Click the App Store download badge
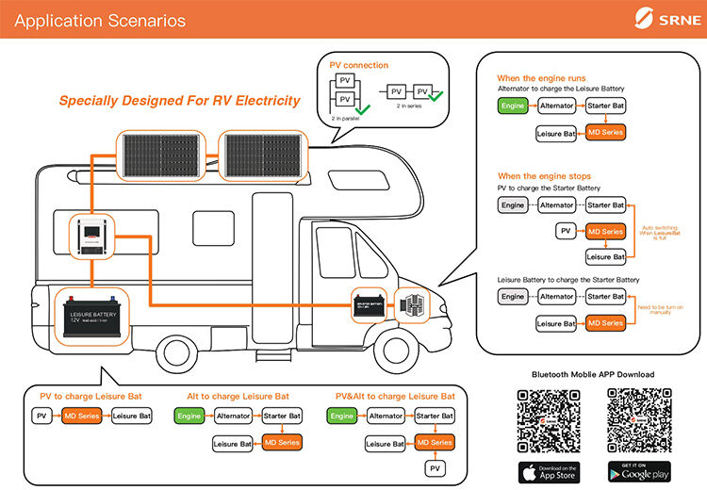[548, 471]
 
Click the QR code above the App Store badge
[548, 418]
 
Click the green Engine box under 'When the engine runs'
[513, 106]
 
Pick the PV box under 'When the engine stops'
[565, 231]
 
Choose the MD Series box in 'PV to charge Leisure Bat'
[82, 416]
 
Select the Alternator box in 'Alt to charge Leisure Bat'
[234, 416]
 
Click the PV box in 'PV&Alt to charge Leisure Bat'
[434, 468]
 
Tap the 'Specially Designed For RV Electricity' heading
[179, 100]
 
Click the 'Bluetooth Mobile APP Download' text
[592, 374]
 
